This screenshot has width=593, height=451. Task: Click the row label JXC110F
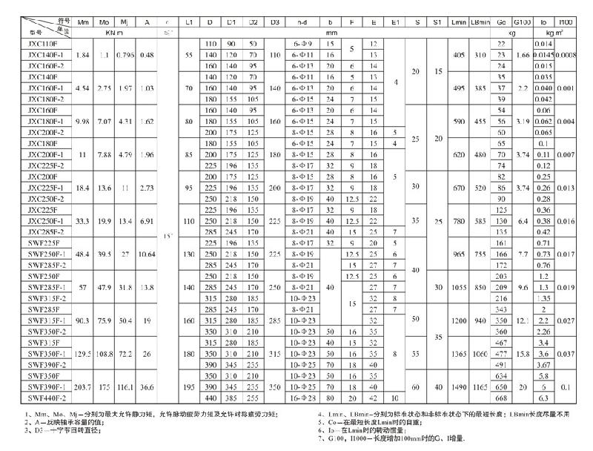(39, 44)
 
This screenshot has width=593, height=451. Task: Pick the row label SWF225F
(39, 243)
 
